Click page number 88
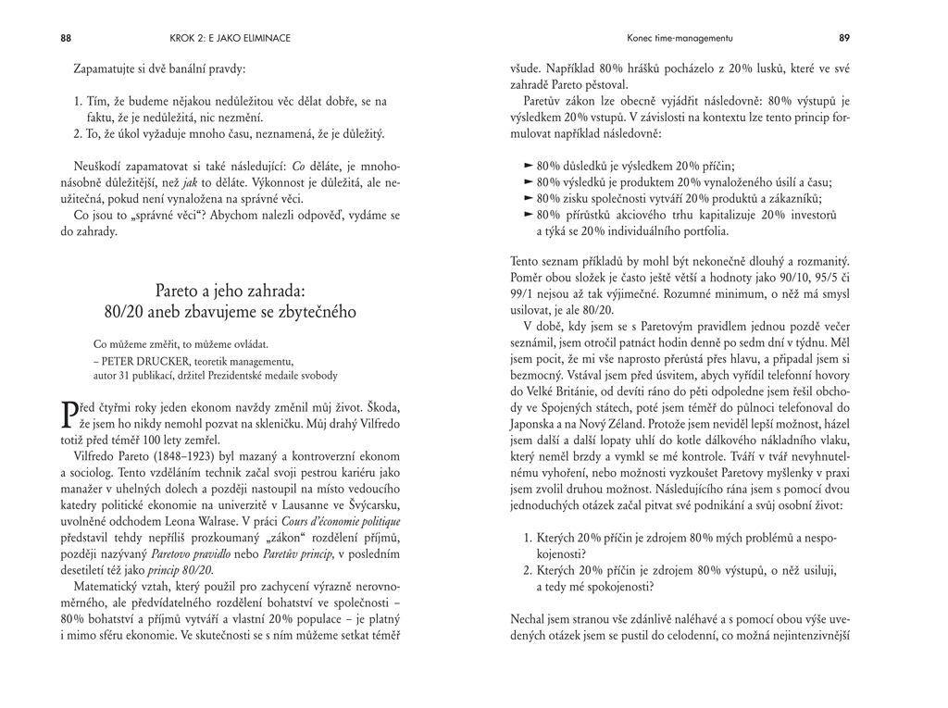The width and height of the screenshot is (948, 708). tap(66, 38)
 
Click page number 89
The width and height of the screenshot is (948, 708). tap(844, 38)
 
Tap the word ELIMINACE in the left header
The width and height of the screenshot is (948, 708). tap(260, 38)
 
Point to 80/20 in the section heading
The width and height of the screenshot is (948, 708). tap(125, 312)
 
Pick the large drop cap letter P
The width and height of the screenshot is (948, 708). tap(67, 414)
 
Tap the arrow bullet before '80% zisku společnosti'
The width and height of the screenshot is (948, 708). tap(529, 198)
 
